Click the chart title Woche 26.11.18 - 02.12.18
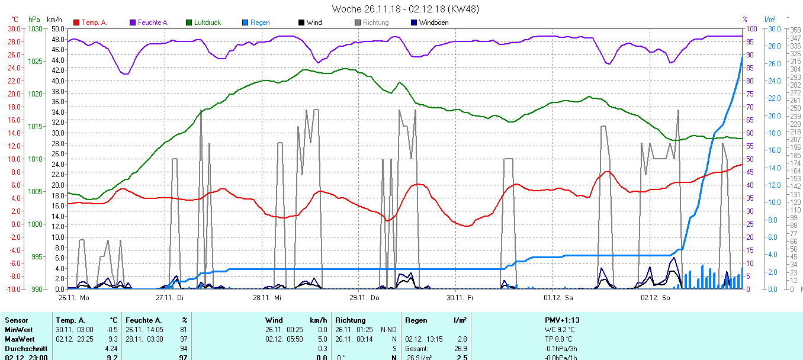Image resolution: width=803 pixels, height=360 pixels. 405,9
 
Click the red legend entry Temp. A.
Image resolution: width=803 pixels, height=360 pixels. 94,22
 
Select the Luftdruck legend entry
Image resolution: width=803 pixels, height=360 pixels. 207,22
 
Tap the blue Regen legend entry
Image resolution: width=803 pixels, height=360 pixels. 259,22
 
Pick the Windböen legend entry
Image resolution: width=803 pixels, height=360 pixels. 433,22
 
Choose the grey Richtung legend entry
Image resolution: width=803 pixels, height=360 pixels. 376,22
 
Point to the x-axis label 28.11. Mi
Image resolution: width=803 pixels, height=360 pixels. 267,297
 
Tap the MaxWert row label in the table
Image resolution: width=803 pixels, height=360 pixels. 18,339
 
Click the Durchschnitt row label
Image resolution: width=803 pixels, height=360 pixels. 25,349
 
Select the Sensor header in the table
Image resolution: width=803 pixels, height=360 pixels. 16,320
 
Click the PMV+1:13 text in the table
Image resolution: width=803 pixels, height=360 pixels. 562,320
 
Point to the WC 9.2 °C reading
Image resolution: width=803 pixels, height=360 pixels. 560,330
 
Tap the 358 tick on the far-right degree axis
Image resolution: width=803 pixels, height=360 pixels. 795,30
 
